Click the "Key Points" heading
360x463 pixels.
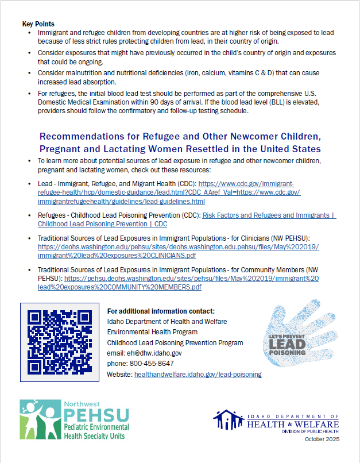pyautogui.click(x=38, y=24)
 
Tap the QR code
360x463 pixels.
pyautogui.click(x=60, y=341)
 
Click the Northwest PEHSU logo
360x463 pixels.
pyautogui.click(x=74, y=420)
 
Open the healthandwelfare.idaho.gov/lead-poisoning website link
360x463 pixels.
pyautogui.click(x=198, y=374)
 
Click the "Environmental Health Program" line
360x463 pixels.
pyautogui.click(x=152, y=332)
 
